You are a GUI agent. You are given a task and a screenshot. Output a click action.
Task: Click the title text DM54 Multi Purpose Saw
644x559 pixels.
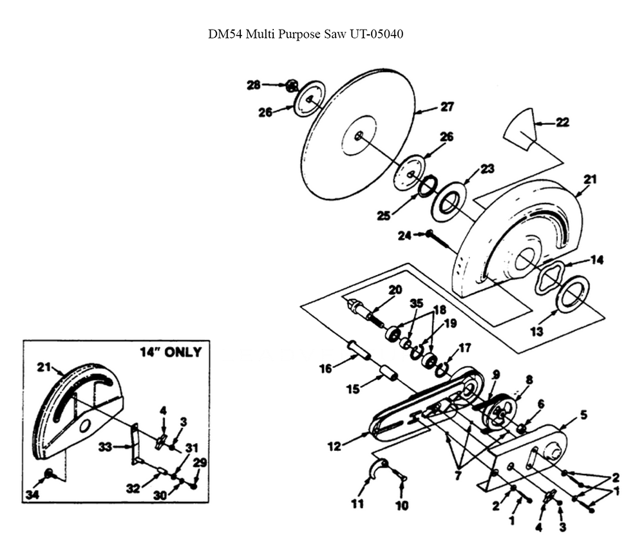tap(278, 34)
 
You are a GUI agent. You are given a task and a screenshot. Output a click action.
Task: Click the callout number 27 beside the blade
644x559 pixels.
tap(447, 107)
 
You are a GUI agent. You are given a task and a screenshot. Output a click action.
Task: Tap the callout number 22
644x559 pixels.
tap(562, 122)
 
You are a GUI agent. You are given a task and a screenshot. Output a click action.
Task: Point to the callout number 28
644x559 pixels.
tap(253, 85)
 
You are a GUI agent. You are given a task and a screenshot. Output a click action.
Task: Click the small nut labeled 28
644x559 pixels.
tap(291, 86)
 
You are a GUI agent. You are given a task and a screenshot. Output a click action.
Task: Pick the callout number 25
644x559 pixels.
tap(384, 216)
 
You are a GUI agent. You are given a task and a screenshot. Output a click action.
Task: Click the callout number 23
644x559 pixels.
tap(487, 169)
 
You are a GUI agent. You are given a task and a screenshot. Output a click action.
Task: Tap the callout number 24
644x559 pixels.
tap(404, 236)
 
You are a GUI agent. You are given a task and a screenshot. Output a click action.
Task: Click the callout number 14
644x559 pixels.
tap(597, 260)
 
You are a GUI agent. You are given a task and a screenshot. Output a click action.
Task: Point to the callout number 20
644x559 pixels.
tap(395, 290)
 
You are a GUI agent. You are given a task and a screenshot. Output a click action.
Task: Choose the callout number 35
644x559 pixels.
tap(417, 303)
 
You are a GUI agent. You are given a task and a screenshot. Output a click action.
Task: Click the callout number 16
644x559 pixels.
tap(325, 369)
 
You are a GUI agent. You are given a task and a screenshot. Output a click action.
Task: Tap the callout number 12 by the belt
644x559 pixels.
tap(334, 446)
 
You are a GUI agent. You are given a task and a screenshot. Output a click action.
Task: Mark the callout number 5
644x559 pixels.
tap(583, 415)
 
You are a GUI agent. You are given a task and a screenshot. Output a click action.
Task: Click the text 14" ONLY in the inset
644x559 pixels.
tap(171, 352)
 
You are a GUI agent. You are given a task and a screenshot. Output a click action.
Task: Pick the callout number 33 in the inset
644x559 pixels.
tap(105, 446)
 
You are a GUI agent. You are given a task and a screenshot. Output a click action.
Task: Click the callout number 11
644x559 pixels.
tap(357, 504)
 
